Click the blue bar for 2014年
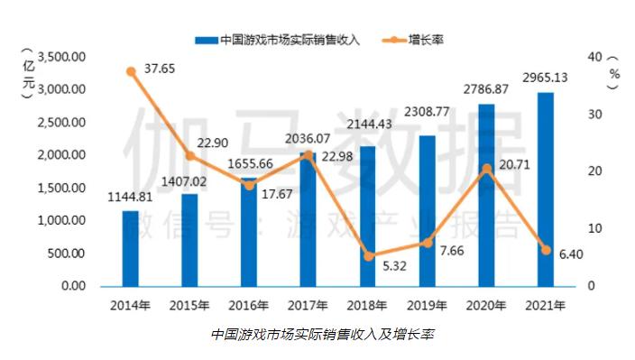(x=131, y=248)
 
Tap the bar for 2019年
(x=427, y=211)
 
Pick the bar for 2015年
(x=189, y=240)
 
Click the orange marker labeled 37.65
(x=131, y=71)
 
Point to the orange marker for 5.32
(x=367, y=256)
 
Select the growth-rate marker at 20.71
(x=486, y=169)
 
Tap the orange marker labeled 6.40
(x=545, y=250)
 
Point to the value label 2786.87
(x=485, y=89)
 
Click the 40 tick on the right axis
(x=594, y=57)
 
